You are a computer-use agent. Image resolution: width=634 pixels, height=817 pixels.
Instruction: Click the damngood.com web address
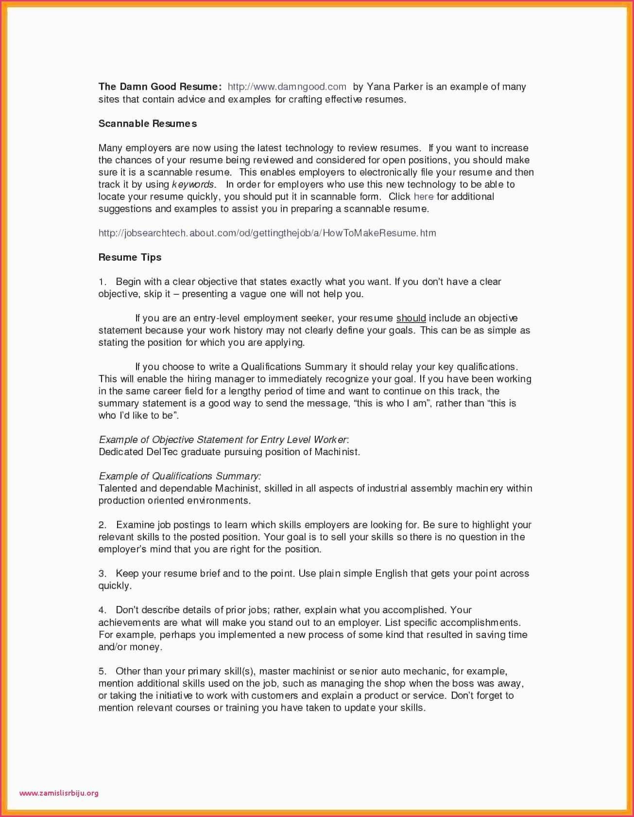coord(287,87)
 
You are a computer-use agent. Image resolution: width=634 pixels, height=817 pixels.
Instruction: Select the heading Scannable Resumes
coord(148,124)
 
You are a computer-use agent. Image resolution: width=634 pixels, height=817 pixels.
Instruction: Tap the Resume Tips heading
coord(130,257)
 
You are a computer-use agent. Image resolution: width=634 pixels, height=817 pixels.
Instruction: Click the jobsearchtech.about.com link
coord(267,233)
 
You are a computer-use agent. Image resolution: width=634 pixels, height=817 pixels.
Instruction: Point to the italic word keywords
coord(193,184)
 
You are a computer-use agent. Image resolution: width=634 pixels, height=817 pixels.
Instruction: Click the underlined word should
coord(411,318)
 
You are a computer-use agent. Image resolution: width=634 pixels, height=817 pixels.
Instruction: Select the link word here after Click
coord(424,196)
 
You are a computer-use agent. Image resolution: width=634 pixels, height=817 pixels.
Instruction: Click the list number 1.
coord(102,282)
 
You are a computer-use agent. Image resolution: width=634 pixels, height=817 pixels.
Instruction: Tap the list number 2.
coord(102,525)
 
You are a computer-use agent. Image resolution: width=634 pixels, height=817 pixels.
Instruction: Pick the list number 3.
coord(102,573)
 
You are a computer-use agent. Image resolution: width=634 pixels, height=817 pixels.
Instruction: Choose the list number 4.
coord(102,610)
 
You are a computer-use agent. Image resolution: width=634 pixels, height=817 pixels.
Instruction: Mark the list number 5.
coord(102,671)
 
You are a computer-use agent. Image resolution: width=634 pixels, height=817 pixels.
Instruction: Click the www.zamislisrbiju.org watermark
coord(59,793)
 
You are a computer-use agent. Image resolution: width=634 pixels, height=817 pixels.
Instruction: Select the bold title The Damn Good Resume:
coord(160,87)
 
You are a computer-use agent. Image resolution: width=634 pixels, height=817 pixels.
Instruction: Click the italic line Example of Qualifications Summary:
coord(180,476)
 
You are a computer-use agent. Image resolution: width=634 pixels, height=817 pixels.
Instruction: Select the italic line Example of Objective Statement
coord(223,440)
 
